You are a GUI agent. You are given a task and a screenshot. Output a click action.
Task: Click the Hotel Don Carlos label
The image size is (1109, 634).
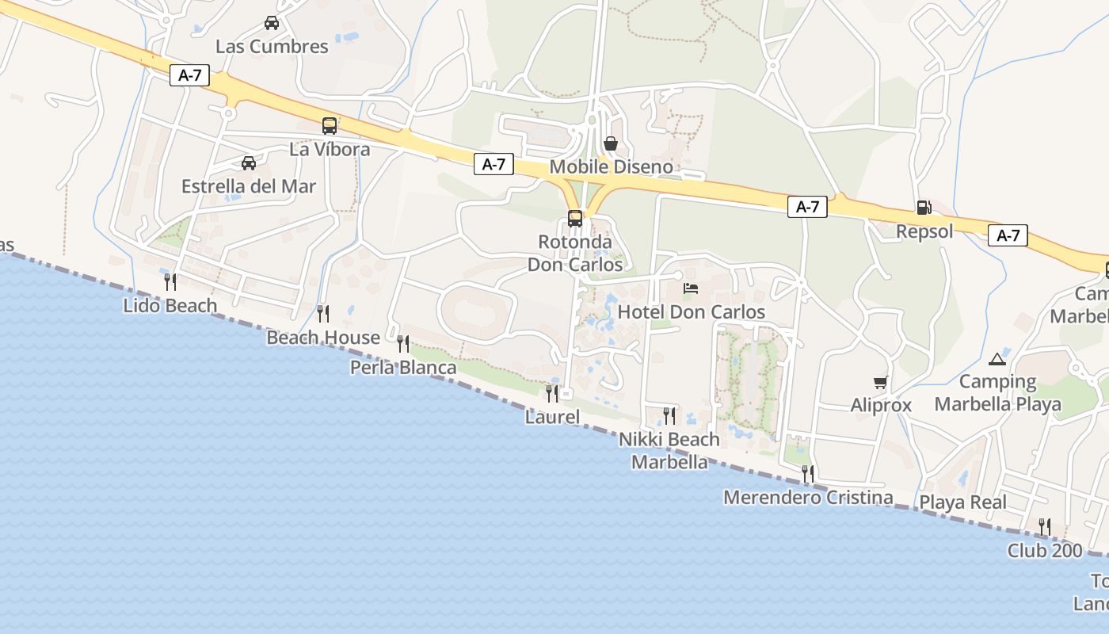pos(691,311)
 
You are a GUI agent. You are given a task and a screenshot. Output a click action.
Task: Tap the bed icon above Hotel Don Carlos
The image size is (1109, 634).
pos(691,288)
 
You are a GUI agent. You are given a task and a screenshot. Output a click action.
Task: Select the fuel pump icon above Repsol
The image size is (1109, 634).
pos(924,208)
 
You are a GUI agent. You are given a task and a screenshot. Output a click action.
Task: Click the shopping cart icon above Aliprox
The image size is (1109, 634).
pos(880,383)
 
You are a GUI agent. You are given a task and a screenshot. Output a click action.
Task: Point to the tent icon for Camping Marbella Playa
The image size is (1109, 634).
pos(997,359)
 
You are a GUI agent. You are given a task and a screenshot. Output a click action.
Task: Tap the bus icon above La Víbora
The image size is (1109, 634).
pos(329,125)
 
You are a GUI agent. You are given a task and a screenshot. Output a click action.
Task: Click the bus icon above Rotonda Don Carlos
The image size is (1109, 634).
pos(575,219)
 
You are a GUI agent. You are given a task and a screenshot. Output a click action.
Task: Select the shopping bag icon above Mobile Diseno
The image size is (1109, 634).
pos(611,143)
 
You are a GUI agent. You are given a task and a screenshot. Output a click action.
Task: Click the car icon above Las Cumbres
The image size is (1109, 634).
pos(272,23)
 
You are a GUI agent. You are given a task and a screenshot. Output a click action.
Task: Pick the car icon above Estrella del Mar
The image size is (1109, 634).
pos(249,163)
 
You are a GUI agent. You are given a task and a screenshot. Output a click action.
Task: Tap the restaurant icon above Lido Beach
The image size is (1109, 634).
pos(170,281)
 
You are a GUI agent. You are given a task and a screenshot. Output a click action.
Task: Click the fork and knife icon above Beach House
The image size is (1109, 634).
pos(322,314)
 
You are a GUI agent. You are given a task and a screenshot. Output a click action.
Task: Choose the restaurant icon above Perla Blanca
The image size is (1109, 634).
pos(403,344)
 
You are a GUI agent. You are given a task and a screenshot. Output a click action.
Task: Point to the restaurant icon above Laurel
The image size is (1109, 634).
pos(552,393)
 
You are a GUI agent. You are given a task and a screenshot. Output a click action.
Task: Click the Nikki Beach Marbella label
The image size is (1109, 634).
pos(669,450)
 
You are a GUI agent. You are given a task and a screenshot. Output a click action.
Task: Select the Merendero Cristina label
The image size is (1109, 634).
pos(808,498)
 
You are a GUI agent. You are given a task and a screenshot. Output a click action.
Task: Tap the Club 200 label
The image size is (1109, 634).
pos(1045,550)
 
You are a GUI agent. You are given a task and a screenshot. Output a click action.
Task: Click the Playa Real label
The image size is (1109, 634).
pos(962,502)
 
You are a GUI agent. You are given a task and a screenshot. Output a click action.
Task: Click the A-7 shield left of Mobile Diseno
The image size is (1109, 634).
pos(494,164)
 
